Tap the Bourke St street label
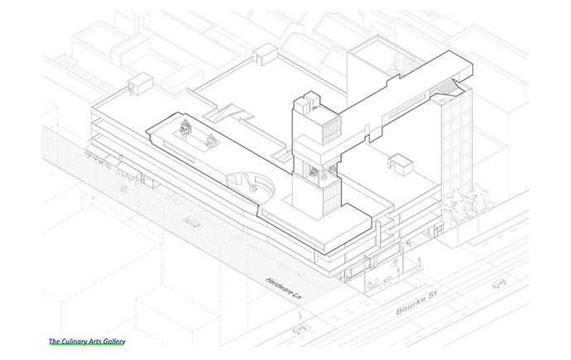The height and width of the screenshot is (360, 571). tap(416, 302)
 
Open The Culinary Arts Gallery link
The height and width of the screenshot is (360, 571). tap(87, 342)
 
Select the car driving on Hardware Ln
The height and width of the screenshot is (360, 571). tap(192, 221)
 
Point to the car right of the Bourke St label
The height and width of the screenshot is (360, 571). tap(499, 283)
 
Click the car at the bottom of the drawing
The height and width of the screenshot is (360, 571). tap(300, 329)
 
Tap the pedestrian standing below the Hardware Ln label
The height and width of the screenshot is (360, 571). tap(300, 313)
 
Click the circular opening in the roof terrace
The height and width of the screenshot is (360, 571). tap(250, 185)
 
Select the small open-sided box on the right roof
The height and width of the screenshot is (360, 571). tap(400, 164)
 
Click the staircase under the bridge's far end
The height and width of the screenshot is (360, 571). tap(446, 89)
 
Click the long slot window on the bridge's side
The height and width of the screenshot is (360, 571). tap(407, 106)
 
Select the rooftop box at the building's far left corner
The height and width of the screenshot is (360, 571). tap(140, 84)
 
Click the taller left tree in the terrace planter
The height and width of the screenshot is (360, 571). tap(185, 127)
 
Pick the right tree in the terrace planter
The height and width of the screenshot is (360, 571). tap(211, 140)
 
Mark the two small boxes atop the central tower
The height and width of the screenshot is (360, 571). tap(308, 102)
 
